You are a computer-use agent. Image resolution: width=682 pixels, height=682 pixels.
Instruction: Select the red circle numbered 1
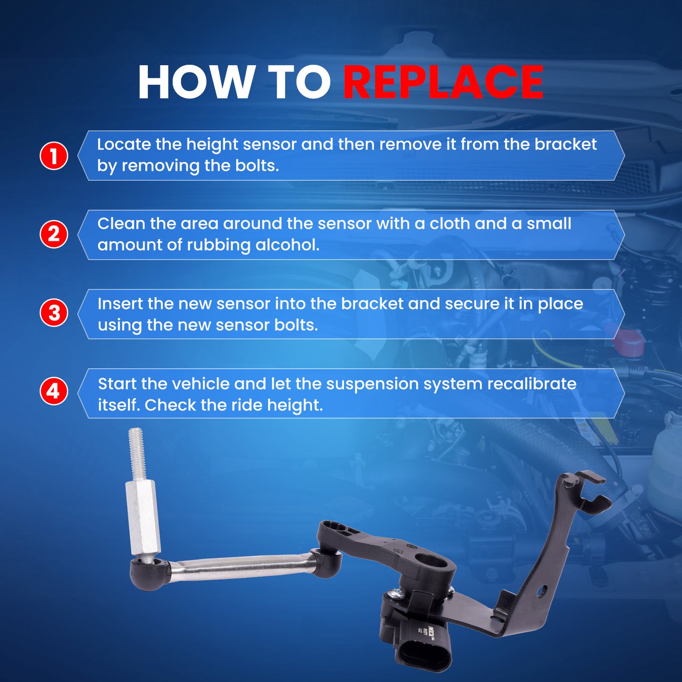[53, 156]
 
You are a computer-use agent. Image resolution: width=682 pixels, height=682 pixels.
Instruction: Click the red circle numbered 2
[53, 234]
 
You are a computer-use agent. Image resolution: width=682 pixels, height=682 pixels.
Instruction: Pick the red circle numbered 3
[53, 313]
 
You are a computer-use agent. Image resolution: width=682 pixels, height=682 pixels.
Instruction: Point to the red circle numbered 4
[53, 391]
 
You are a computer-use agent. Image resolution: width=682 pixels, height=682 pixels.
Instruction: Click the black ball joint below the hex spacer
[148, 574]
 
